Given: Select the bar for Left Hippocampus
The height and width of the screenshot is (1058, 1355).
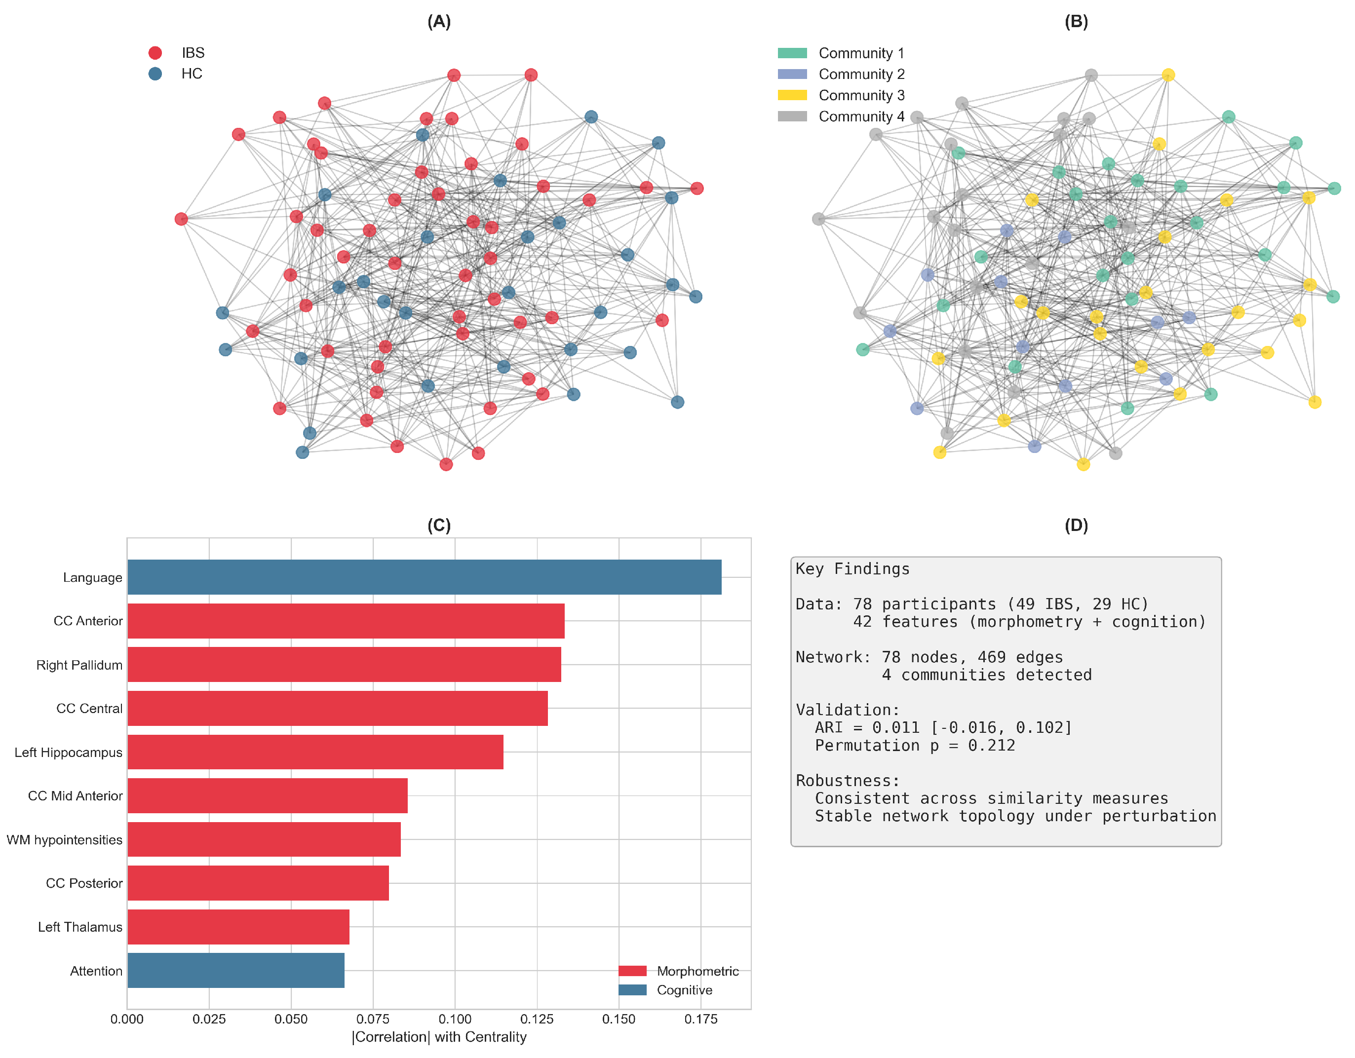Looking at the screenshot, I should (x=315, y=752).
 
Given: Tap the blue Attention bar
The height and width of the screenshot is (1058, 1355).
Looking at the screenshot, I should (x=236, y=970).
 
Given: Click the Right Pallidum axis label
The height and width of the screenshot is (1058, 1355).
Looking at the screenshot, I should (x=79, y=665).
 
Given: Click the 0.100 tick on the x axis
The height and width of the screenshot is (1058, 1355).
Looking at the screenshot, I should (x=454, y=1019).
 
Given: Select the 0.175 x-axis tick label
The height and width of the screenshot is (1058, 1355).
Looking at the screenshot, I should (x=700, y=1019).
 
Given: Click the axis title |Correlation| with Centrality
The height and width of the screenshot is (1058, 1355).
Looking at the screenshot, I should (x=439, y=1037).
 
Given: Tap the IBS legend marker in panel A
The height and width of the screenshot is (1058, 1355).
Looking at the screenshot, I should (x=155, y=53).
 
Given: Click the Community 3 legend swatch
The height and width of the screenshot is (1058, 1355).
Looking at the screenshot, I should (x=792, y=95).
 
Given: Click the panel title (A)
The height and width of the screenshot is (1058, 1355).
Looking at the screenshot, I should (x=439, y=22).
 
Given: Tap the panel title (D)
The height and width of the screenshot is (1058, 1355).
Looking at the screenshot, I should (x=1076, y=525).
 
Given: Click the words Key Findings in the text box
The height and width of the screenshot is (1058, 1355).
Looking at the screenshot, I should (x=852, y=568).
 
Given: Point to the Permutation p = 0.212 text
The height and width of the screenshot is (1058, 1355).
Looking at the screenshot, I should (x=915, y=746).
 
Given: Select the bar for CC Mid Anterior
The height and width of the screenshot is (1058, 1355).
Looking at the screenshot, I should (x=268, y=795).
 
